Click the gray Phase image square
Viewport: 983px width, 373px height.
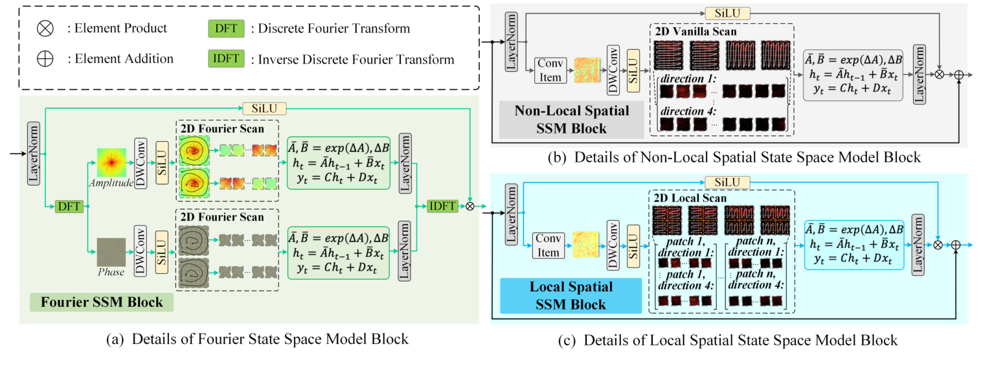[x=111, y=253]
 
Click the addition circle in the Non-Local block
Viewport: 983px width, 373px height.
[x=959, y=75]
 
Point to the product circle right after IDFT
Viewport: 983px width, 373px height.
[x=469, y=206]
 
